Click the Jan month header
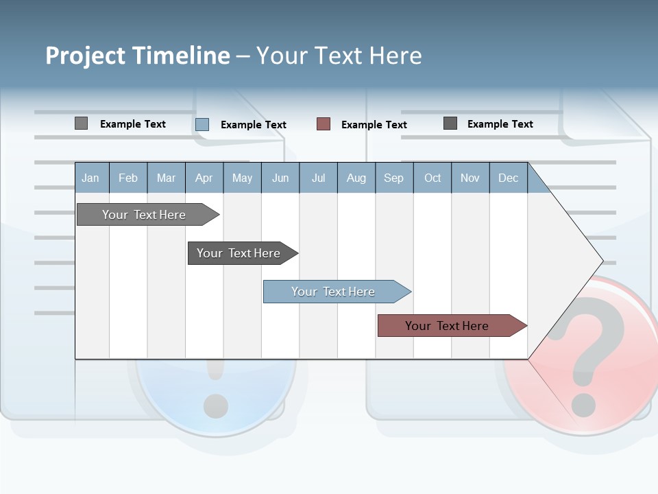[x=90, y=178]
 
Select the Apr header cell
[x=204, y=178]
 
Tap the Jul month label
[x=318, y=178]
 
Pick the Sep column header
[x=393, y=178]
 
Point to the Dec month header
[x=508, y=178]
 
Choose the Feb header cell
[x=128, y=178]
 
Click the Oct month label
[x=432, y=178]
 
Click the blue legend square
[x=202, y=124]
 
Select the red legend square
[x=324, y=124]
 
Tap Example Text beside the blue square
[x=254, y=125]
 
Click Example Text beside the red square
[x=374, y=125]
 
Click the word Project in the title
[x=86, y=56]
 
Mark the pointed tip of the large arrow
[x=602, y=261]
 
